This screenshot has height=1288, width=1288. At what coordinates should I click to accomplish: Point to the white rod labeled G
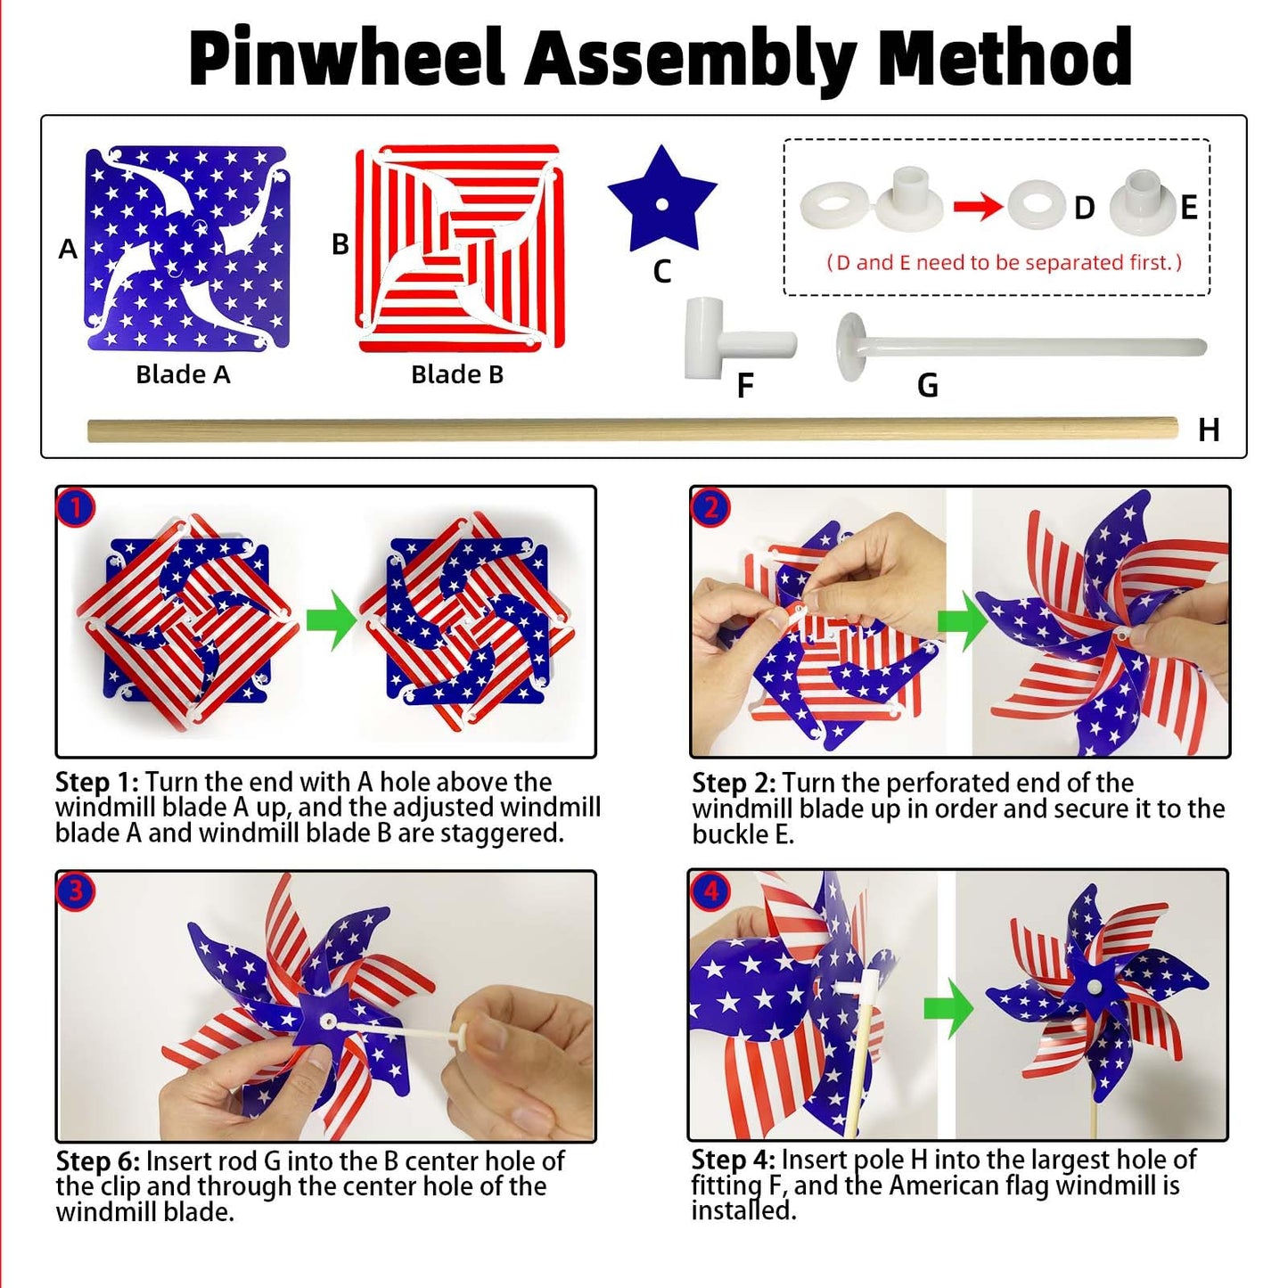tap(1016, 346)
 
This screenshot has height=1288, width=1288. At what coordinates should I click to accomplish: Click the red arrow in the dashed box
tap(978, 207)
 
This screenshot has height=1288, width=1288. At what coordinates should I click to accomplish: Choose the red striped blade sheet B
tap(458, 248)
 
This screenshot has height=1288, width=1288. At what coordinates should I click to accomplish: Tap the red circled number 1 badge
tap(75, 508)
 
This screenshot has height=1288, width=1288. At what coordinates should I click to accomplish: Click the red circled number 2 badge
tap(710, 508)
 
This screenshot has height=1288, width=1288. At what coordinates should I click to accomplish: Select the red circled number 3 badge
tap(75, 890)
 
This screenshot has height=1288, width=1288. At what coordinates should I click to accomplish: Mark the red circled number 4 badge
tap(710, 890)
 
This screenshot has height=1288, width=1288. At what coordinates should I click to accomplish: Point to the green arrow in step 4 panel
tap(947, 1006)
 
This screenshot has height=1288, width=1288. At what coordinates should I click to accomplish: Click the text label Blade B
tap(457, 375)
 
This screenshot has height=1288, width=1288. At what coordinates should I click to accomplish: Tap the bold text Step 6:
tap(97, 1161)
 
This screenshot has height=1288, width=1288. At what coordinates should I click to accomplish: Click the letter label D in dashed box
tap(1084, 208)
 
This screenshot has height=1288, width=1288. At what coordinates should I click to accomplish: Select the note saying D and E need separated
tap(1004, 263)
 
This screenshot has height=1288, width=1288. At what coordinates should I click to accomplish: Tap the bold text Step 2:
tap(734, 783)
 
